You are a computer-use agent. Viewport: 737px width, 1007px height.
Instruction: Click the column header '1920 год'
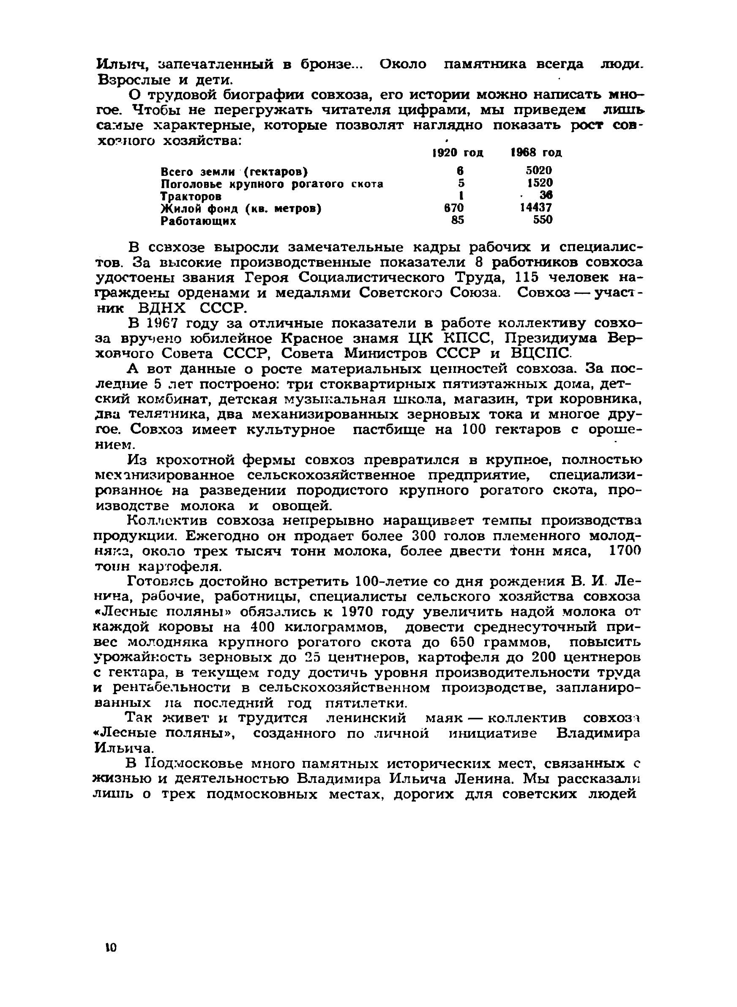(x=458, y=153)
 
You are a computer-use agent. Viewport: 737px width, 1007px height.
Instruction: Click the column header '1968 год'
(x=536, y=153)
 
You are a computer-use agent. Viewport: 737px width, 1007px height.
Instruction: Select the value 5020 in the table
(x=538, y=170)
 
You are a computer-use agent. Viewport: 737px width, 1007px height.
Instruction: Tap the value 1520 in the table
(x=540, y=183)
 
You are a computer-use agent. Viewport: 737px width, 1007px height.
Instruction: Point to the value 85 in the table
(x=457, y=220)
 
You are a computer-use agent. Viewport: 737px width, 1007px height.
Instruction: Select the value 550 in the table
(x=543, y=220)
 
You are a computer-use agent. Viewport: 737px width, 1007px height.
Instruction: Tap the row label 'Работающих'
(x=198, y=221)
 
